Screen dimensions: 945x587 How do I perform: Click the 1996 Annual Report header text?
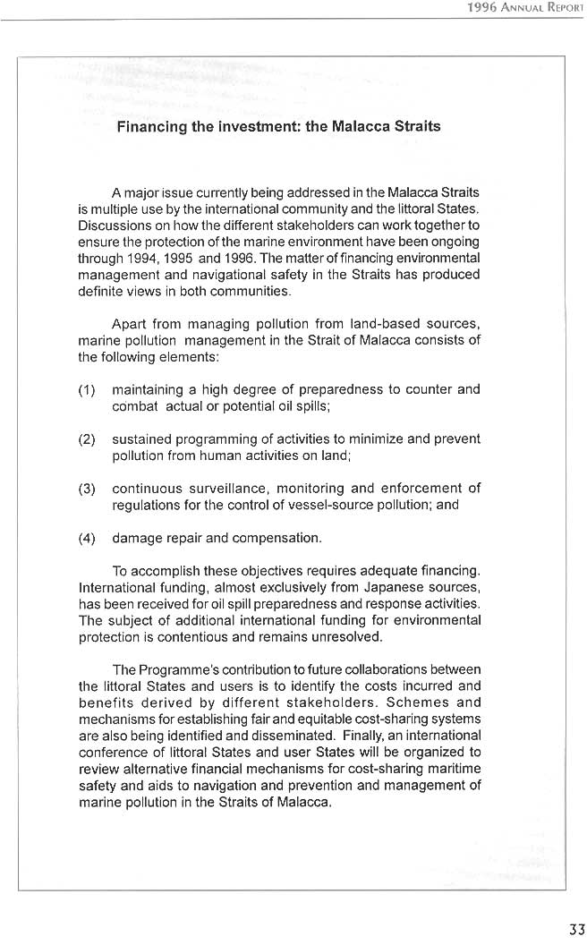pos(525,7)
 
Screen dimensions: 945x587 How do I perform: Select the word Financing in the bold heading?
pos(152,126)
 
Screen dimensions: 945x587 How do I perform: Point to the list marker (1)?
pos(88,389)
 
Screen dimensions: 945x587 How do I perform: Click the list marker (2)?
pos(88,439)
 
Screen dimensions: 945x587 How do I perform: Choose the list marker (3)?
pos(88,489)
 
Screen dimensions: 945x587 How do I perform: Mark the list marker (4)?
pos(88,539)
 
